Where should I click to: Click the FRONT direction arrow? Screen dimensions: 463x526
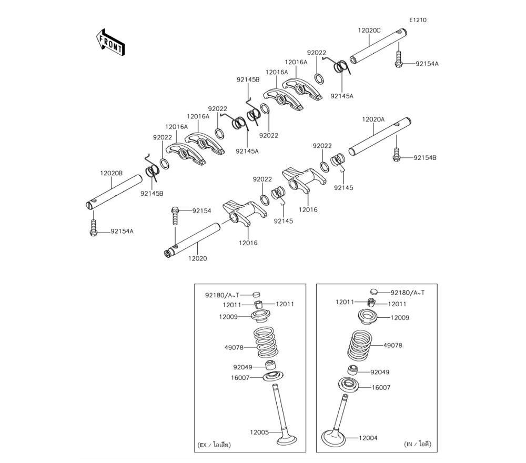coord(110,43)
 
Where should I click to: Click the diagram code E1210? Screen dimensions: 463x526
coord(418,20)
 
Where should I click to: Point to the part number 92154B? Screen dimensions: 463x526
coord(424,157)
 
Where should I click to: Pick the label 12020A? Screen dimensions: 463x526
coord(373,119)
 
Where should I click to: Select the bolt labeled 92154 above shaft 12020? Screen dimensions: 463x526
coord(175,214)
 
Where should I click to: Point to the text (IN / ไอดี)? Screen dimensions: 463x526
coord(418,444)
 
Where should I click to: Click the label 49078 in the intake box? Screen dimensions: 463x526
coord(392,346)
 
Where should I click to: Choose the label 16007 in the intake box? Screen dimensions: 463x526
coord(381,387)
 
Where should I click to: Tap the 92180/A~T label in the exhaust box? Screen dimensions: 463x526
coord(222,295)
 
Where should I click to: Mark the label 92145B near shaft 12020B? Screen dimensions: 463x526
coord(151,193)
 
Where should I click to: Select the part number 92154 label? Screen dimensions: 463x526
coord(201,210)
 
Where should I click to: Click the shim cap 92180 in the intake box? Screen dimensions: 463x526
coord(374,291)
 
